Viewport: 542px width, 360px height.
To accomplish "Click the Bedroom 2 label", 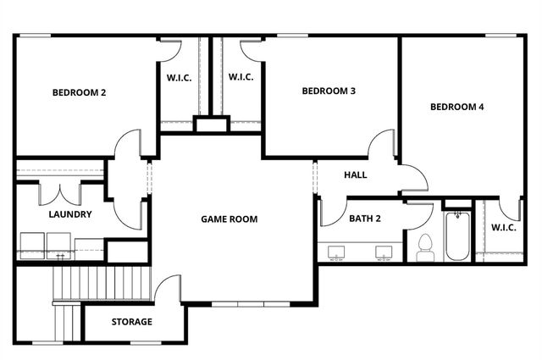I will [x=79, y=92].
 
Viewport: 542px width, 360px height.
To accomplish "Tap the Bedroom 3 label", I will [x=329, y=91].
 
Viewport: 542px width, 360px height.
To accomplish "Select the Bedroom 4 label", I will [x=456, y=107].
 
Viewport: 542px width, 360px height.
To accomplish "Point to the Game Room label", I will [x=229, y=219].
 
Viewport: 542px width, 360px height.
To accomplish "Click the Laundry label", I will [x=69, y=214].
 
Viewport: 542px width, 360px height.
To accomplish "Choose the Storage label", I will [x=131, y=322].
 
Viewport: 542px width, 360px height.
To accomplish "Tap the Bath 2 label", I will [x=365, y=219].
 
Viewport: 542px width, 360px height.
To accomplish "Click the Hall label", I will [x=355, y=174].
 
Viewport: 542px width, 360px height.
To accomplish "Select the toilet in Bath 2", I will [x=425, y=245].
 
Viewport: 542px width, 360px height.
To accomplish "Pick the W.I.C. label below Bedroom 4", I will [x=503, y=226].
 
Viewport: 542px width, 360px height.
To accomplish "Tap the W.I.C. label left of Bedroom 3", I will [x=241, y=77].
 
